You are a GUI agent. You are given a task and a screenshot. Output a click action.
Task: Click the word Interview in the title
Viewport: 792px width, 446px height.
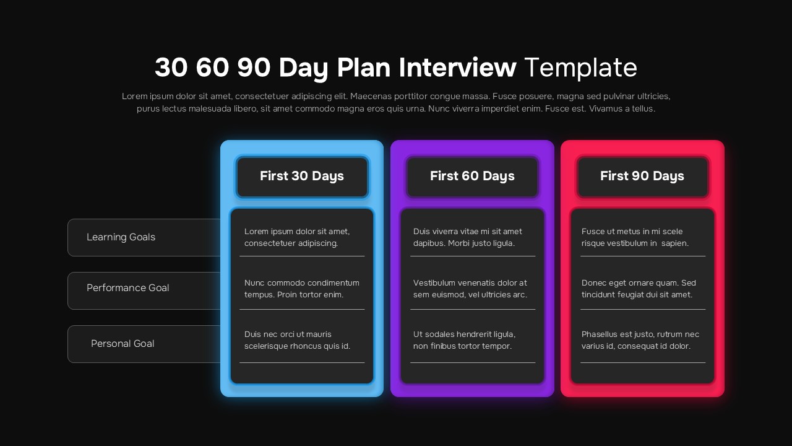tap(457, 68)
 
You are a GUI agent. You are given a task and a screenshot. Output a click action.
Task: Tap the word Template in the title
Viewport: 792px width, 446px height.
tap(580, 68)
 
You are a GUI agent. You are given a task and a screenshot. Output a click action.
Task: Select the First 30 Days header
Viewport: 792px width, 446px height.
tap(302, 177)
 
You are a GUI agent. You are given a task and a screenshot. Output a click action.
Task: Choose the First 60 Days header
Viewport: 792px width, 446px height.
tap(472, 177)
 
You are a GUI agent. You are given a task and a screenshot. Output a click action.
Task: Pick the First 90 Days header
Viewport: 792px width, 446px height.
tap(642, 177)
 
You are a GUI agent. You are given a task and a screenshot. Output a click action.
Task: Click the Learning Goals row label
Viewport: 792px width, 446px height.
tap(121, 237)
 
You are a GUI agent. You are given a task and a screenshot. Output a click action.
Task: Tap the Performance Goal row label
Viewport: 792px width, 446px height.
tap(127, 288)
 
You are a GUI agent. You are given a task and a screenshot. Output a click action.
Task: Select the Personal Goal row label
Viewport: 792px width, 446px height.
tap(123, 344)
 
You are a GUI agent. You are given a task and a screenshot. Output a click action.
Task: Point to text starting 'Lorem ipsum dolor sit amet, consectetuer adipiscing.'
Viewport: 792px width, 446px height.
tap(297, 237)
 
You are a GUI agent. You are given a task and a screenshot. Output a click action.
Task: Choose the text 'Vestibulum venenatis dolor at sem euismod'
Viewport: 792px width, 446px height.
tap(470, 289)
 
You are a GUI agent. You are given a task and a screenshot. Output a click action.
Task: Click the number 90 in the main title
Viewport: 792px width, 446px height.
tap(254, 68)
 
